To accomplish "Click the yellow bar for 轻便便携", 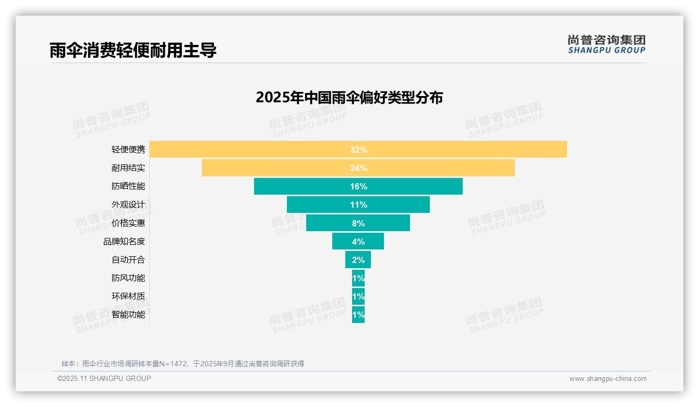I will coord(261,149).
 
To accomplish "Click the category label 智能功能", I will coord(128,315).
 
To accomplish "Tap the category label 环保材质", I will coord(128,296).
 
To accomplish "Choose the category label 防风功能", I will coord(128,278).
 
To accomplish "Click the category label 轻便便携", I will coord(128,150).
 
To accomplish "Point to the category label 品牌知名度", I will coord(124,242).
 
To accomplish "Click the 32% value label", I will coord(358,150).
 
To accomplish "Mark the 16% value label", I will coord(358,186).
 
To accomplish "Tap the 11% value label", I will coord(358,205).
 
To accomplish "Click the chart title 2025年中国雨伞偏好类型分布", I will coord(349,98).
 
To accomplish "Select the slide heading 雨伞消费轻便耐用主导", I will coord(133,50).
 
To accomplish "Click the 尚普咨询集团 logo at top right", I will coord(607,44).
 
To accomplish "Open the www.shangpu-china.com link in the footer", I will coord(608,379).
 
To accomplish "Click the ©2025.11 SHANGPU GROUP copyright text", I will coord(104,378).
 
